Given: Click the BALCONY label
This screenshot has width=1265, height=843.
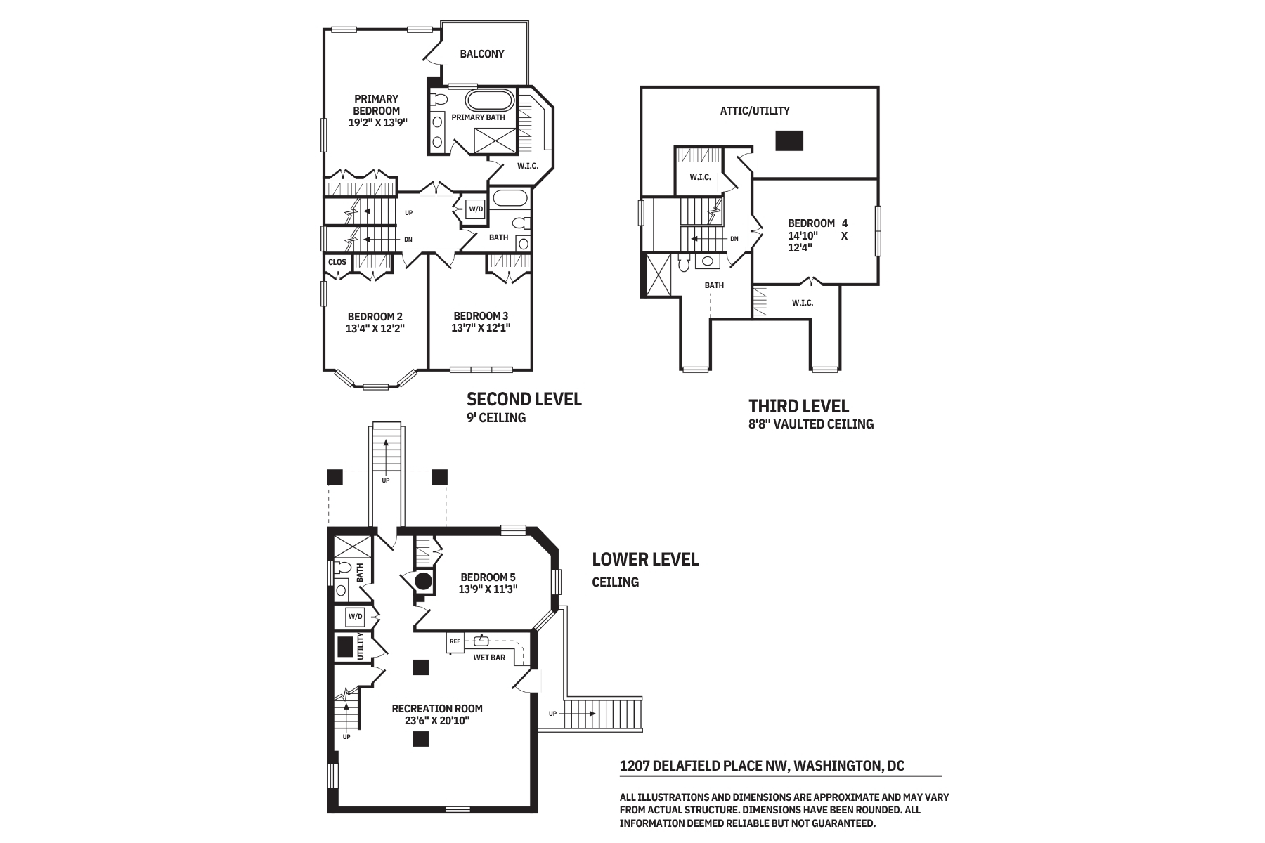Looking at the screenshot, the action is point(482,53).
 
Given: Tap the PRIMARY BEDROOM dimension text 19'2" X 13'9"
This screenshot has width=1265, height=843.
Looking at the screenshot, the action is point(377,122).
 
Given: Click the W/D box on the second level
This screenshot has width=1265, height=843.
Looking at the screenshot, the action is point(476,209).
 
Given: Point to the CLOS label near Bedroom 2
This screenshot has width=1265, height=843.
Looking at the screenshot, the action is point(337,262).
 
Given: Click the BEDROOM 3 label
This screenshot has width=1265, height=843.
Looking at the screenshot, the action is point(481,316).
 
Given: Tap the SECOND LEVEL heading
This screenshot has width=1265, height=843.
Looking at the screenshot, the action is point(524,399).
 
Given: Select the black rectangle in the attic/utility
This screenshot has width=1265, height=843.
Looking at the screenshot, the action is point(789,140).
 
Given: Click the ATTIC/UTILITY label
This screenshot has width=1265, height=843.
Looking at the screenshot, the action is point(755,110).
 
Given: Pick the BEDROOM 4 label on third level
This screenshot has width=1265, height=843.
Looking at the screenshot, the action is point(817,223).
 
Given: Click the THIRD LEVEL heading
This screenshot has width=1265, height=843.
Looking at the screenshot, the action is point(798,406).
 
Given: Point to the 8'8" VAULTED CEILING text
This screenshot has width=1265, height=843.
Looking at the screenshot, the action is point(811,424).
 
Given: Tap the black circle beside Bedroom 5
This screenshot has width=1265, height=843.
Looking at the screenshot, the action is point(423,581).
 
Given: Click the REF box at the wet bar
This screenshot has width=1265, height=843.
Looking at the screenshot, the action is point(455,641).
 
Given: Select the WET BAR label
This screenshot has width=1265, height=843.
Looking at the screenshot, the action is point(489,658).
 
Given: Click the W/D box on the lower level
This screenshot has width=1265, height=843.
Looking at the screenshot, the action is point(356,617).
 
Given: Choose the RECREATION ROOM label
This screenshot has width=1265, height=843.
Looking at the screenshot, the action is point(437,708).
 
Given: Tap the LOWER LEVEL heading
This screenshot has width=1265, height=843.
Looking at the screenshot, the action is point(645,559).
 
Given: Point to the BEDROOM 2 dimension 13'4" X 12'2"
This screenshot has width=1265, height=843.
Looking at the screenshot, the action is point(375,328).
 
